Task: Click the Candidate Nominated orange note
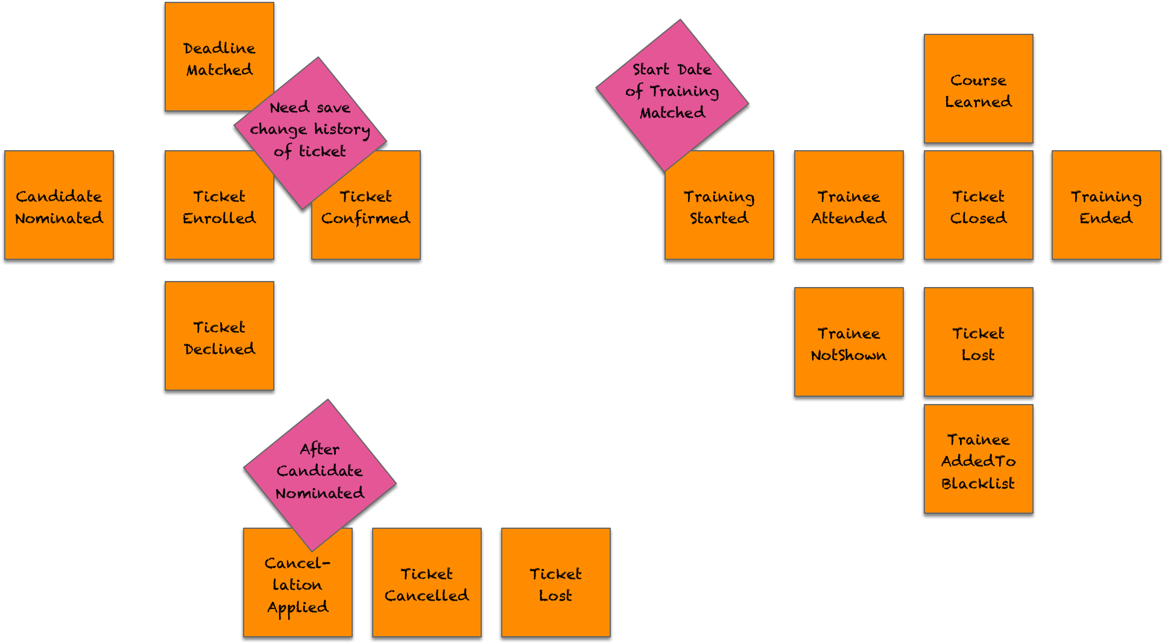(59, 206)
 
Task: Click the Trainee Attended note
(849, 206)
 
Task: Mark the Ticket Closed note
(979, 206)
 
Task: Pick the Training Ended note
(1107, 206)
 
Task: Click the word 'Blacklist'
(978, 484)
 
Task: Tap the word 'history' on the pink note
(342, 130)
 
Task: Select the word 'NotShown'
(849, 356)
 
